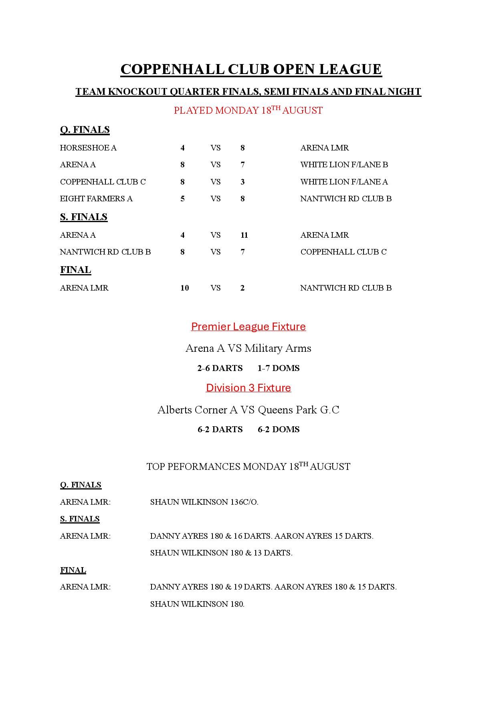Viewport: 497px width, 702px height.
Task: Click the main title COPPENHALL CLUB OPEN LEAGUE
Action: click(251, 69)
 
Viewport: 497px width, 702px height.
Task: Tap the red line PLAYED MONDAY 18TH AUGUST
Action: click(248, 110)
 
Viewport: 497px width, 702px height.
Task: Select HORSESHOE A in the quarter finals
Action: click(88, 148)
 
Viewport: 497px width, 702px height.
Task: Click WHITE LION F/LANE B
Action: click(344, 164)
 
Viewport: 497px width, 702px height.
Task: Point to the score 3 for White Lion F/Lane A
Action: click(242, 182)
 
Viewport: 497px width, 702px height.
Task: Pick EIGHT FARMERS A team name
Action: click(96, 199)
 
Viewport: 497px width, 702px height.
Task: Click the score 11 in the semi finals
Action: click(244, 235)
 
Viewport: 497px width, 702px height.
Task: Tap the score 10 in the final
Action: click(184, 288)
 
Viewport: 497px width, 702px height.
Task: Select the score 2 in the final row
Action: click(242, 288)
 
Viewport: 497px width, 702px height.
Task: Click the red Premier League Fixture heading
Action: click(248, 327)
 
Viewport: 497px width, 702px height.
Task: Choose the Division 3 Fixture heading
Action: click(248, 388)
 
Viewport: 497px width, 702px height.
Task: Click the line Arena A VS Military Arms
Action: click(248, 348)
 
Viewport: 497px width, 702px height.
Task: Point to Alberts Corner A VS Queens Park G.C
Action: click(248, 410)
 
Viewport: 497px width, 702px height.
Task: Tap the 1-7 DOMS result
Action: click(279, 368)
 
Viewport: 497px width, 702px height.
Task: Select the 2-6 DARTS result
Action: click(220, 368)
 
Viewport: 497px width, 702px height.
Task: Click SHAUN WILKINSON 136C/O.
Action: click(204, 502)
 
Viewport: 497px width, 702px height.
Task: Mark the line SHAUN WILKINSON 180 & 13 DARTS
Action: click(221, 553)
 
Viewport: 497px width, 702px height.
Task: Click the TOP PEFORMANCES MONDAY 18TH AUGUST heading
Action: click(248, 466)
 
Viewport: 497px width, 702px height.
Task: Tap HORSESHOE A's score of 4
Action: click(182, 148)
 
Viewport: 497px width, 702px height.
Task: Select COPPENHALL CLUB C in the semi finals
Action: click(343, 252)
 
